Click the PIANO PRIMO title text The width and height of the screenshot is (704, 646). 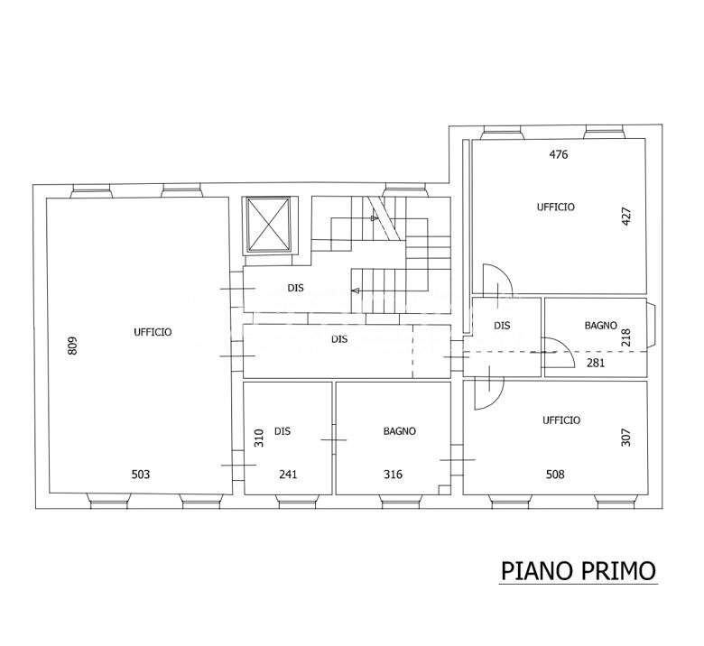coord(578,571)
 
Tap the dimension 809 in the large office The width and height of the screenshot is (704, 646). coord(73,346)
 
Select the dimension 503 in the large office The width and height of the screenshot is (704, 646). coord(140,475)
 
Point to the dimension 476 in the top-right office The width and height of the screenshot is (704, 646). coord(559,154)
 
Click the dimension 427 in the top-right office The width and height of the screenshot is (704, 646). coord(626,217)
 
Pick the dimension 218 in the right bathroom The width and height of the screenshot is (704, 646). coord(626,337)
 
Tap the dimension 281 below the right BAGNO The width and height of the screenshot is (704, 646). coord(595,364)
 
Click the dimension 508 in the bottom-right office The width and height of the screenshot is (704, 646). coord(555,475)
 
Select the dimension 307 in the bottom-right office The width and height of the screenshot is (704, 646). coord(626,437)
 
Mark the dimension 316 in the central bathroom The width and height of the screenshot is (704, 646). coord(394,475)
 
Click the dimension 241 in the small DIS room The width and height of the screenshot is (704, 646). coord(288,475)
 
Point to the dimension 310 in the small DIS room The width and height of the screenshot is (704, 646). coord(258,438)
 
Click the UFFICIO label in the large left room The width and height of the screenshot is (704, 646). coord(153,332)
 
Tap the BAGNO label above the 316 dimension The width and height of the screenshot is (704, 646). coord(399,431)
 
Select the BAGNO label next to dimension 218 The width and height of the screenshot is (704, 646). coord(600,326)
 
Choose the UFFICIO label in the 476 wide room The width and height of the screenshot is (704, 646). coord(555,207)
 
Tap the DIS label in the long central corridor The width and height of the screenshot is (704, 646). coord(339,339)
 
